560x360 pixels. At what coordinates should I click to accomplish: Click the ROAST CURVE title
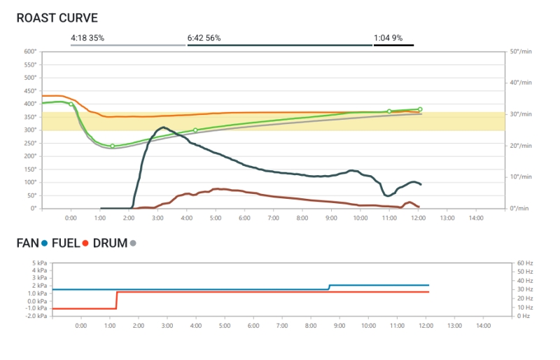[x=57, y=18]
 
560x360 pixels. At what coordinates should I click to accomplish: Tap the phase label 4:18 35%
[x=87, y=38]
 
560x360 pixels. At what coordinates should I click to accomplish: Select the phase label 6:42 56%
[x=204, y=38]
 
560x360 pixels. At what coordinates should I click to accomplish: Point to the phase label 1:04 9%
[x=388, y=38]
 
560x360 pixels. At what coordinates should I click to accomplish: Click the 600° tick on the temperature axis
[x=30, y=51]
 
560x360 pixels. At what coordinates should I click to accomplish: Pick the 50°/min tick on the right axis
[x=521, y=51]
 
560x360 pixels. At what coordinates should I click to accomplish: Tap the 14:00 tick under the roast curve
[x=476, y=219]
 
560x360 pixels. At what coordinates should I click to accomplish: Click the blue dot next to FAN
[x=45, y=244]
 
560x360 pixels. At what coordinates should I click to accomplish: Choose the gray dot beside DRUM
[x=133, y=244]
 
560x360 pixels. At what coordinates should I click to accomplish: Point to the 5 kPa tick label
[x=39, y=263]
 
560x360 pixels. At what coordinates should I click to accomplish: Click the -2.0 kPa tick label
[x=36, y=316]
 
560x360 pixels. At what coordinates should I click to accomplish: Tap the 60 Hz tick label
[x=525, y=263]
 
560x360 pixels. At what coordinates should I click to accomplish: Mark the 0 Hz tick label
[x=523, y=316]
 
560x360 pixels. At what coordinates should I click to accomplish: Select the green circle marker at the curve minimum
[x=112, y=146]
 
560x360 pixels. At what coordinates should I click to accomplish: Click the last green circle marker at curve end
[x=420, y=109]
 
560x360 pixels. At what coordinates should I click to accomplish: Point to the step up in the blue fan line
[x=329, y=287]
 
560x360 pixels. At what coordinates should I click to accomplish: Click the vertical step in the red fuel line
[x=116, y=300]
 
